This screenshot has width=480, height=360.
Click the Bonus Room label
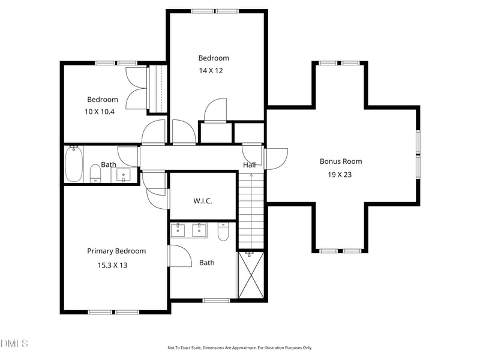pos(340,161)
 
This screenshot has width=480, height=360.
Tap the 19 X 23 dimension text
pos(340,175)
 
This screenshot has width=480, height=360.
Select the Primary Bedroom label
pos(116,251)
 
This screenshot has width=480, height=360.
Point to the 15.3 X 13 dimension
pos(112,265)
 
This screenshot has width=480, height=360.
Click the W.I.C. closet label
pos(202,201)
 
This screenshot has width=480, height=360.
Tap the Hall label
pos(249,165)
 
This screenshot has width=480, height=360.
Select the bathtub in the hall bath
pos(74,163)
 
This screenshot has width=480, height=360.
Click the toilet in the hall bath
pos(95,173)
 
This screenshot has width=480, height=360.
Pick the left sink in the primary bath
pos(179,230)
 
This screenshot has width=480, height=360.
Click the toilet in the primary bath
pos(223,232)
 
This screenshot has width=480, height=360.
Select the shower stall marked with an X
pos(251,275)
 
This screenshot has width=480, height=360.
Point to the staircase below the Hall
pos(251,210)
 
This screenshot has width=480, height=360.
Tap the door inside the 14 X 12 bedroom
pos(215,110)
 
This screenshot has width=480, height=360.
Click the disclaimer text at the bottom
pos(239,347)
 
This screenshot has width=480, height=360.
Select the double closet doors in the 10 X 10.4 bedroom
pos(136,89)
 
